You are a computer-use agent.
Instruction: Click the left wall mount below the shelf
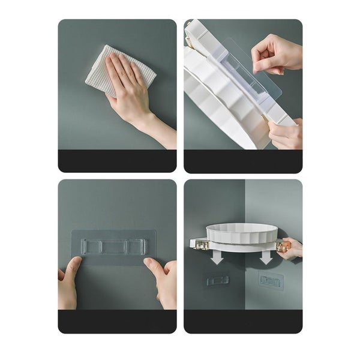217,280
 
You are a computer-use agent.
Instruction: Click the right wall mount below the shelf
271,280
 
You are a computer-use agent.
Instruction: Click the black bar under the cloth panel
117,161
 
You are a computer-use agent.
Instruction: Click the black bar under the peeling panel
243,161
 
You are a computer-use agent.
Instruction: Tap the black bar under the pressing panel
117,322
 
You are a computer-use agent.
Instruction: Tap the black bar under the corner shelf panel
243,322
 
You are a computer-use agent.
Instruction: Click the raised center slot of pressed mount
115,247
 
